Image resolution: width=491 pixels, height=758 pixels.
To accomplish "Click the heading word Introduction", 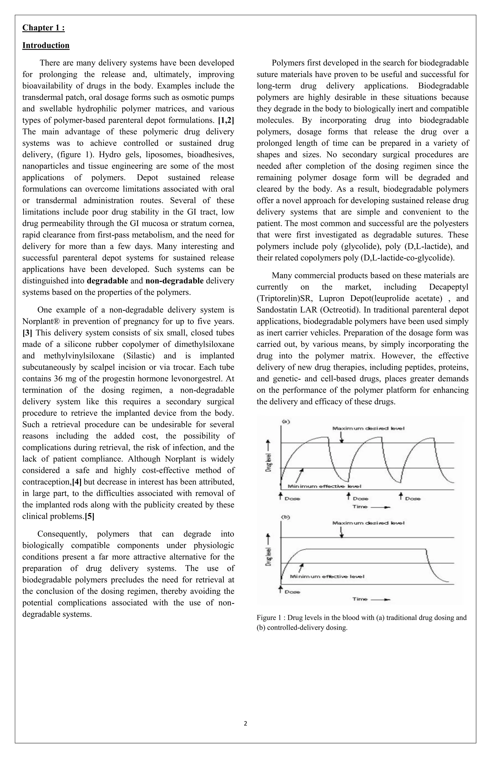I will coord(46,45).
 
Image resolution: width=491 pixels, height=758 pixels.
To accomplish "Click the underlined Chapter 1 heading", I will coord(43,28).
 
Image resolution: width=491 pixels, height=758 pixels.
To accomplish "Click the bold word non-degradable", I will coord(174,281).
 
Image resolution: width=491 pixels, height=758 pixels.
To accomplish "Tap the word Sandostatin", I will coord(277,310).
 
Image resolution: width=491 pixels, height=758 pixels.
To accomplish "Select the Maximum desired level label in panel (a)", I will coord(368,428).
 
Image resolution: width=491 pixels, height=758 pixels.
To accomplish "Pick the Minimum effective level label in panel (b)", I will coord(327,576).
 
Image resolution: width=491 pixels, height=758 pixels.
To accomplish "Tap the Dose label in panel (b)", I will coord(292,592).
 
